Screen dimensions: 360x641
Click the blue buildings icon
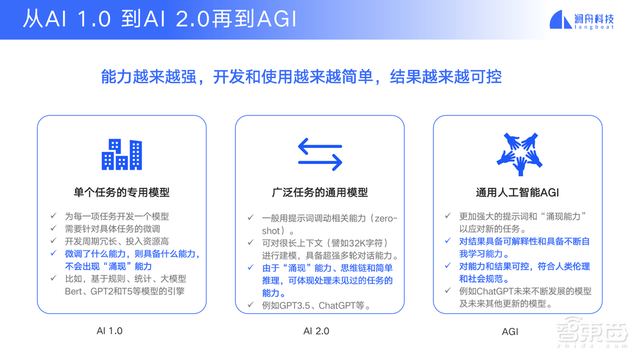click(x=122, y=154)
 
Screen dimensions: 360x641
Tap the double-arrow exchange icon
click(x=320, y=154)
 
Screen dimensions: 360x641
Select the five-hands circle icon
click(x=519, y=154)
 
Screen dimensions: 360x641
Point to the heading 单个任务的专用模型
click(x=122, y=192)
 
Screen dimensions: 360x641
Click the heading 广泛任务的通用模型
click(x=320, y=192)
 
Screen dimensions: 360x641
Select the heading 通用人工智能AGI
click(x=518, y=192)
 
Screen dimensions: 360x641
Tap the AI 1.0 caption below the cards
click(x=110, y=331)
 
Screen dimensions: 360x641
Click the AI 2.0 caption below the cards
click(x=316, y=331)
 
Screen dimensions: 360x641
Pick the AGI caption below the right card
click(x=510, y=332)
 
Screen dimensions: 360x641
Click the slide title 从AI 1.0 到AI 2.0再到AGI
click(x=160, y=19)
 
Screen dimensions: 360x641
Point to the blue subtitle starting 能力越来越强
click(x=301, y=78)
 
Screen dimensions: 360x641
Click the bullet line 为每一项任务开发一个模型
click(x=117, y=217)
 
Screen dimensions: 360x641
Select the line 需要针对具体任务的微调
click(x=112, y=229)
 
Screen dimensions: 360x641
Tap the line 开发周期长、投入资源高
click(x=117, y=241)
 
